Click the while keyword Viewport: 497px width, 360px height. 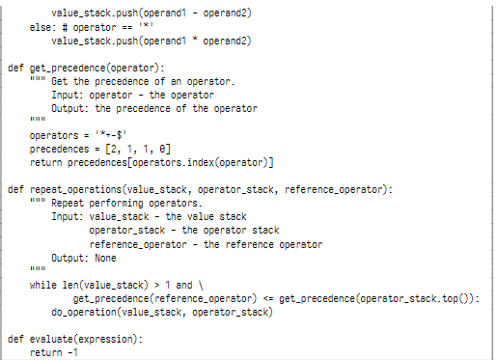(x=42, y=286)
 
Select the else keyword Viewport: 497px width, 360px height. (x=40, y=29)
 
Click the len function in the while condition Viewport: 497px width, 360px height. (x=69, y=286)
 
